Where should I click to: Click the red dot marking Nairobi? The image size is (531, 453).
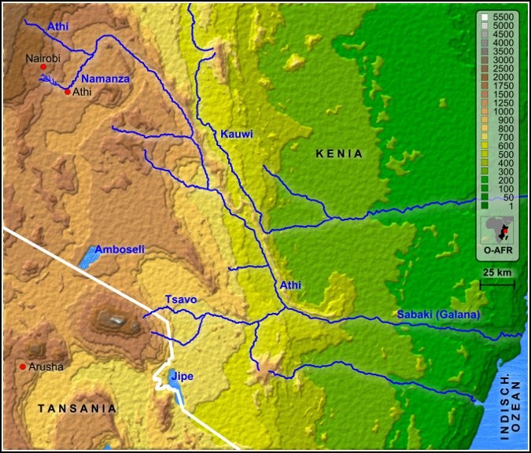43,68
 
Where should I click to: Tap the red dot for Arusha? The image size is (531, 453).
23,366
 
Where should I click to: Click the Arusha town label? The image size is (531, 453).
46,366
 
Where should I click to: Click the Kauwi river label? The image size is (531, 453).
237,134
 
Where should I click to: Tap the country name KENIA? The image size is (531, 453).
340,153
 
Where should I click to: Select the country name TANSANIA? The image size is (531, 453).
78,408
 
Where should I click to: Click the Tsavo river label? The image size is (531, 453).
180,300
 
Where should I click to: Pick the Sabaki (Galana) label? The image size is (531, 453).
438,315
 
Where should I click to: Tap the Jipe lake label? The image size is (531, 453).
182,376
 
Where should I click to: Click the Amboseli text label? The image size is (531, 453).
120,249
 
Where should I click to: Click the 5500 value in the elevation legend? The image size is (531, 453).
503,17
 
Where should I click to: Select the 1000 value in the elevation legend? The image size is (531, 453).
503,112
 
